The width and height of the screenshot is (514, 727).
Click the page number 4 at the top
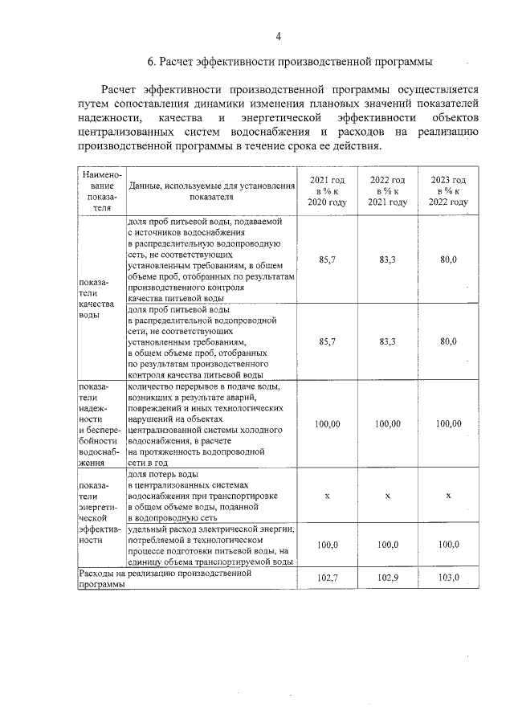pos(278,36)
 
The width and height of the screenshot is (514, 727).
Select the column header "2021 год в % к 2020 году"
pos(327,191)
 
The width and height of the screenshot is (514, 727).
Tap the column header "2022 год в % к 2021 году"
pos(387,191)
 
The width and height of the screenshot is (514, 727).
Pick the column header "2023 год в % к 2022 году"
pos(448,191)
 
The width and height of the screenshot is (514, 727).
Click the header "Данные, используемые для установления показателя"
pos(211,190)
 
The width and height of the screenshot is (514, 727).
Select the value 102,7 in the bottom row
pos(327,578)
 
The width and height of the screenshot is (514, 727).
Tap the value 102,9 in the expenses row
pos(387,578)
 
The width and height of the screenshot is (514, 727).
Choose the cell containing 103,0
pos(448,578)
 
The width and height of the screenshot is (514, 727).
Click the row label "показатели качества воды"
pos(96,299)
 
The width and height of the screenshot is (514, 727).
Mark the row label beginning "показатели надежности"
pos(99,424)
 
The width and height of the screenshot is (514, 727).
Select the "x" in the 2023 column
pos(448,496)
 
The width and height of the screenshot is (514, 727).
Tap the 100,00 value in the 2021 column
pos(327,423)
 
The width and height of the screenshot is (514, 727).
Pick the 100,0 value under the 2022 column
pos(387,545)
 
